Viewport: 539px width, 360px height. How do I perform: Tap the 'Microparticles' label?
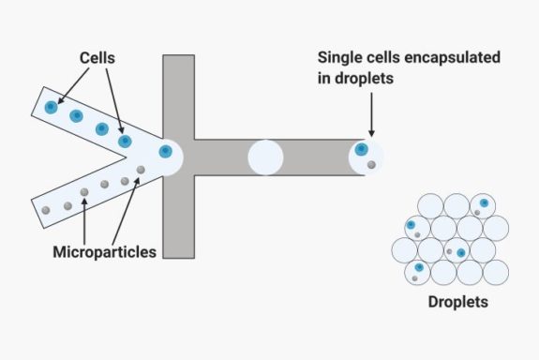(103, 251)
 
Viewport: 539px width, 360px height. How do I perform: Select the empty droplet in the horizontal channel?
(265, 157)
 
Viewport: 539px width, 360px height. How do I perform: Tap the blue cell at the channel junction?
(166, 151)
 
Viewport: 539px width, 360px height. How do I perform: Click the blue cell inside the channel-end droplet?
(362, 149)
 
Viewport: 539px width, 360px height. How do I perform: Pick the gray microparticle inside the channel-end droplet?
(371, 165)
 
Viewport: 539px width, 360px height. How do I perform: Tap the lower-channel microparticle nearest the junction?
(141, 170)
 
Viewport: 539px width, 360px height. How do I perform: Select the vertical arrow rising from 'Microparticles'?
(84, 220)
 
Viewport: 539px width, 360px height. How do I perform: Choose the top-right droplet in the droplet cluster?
(482, 206)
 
